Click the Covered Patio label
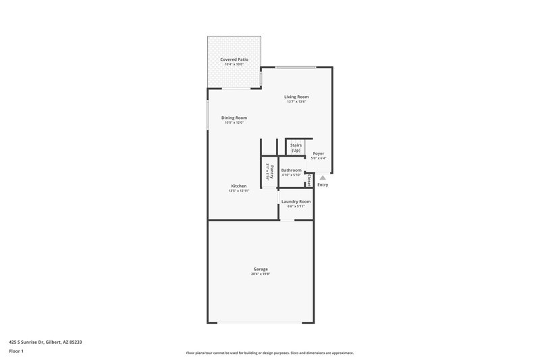coord(234,59)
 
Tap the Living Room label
coord(296,97)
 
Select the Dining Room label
coord(234,118)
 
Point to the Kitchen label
coord(239,186)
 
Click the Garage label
coord(261,269)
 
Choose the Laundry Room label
coord(296,201)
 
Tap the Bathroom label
coord(292,170)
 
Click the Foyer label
coord(318,153)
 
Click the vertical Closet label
coord(309,180)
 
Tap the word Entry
coord(323,184)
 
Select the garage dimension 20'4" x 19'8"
coord(261,274)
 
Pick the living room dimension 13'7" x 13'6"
coord(296,102)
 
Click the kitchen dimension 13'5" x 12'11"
coord(239,191)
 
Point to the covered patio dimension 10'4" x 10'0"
coord(234,64)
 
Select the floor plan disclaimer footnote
coord(270,353)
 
